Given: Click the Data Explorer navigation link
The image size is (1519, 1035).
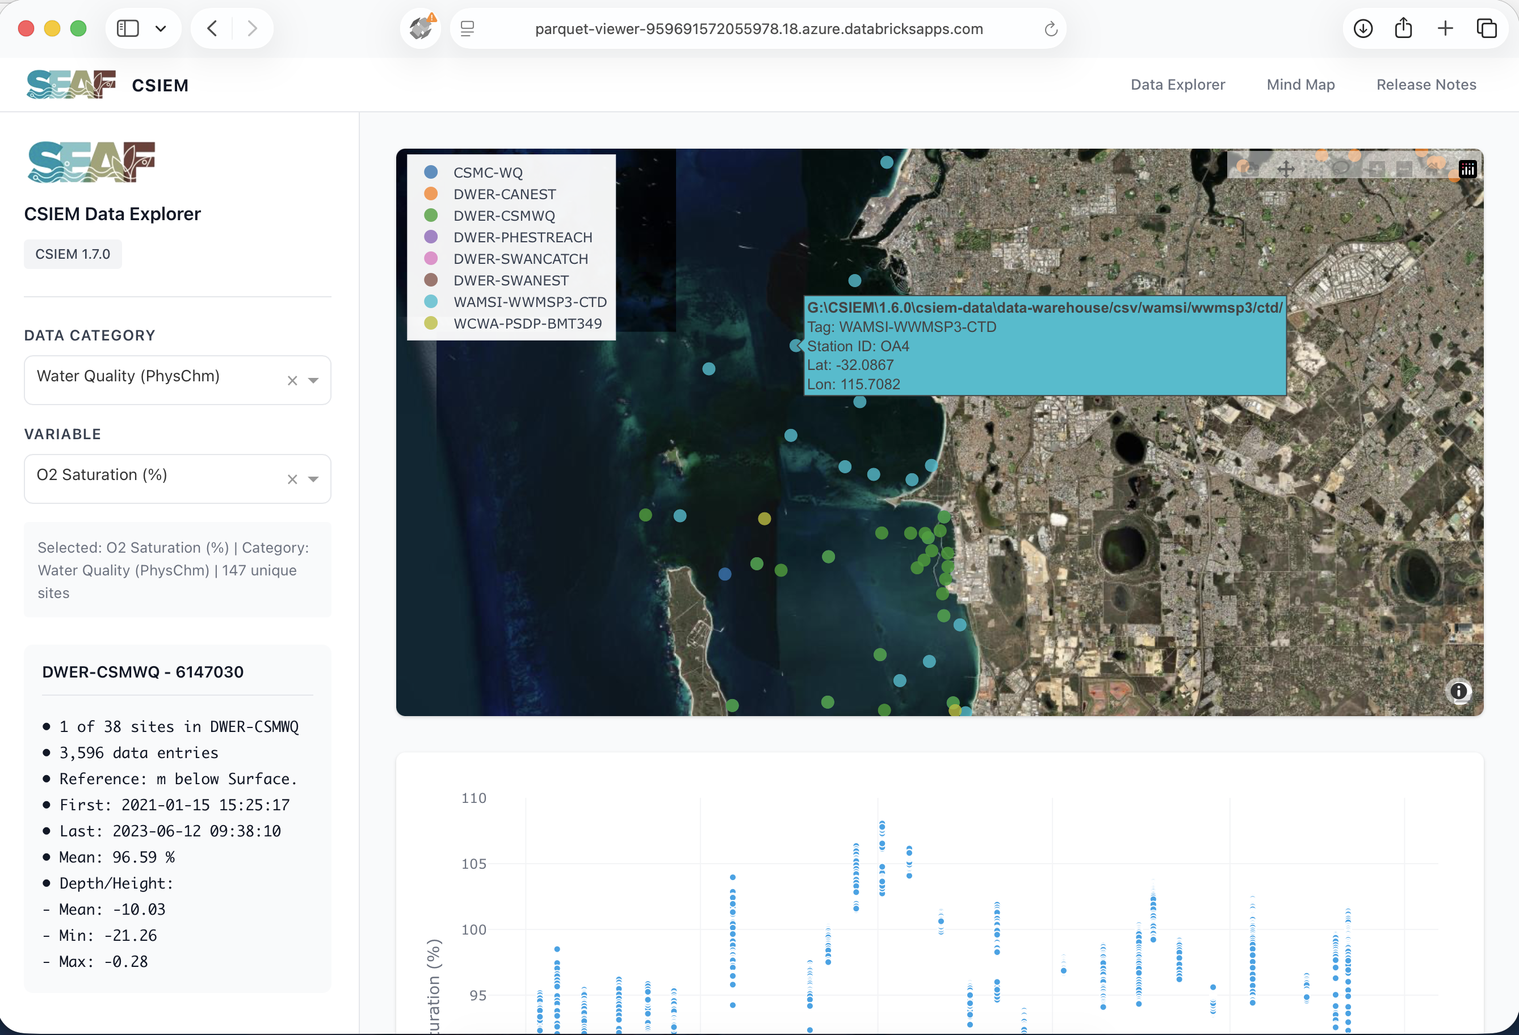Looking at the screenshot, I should click(x=1177, y=85).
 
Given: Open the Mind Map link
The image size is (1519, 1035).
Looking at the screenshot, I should click(x=1300, y=85).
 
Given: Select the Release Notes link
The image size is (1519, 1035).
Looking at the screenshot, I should click(x=1425, y=85).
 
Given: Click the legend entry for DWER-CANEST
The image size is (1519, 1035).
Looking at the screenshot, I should click(x=504, y=194).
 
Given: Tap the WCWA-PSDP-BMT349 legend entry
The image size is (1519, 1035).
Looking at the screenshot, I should click(x=527, y=323).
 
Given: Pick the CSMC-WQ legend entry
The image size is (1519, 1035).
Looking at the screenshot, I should click(x=488, y=172).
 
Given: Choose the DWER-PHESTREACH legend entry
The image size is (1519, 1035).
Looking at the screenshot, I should click(x=522, y=237).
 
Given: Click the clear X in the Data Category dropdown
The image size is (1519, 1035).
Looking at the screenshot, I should click(x=292, y=380).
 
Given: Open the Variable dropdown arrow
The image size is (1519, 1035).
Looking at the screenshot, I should click(x=314, y=479).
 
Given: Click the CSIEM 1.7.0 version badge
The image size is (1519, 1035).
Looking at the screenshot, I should click(x=73, y=254).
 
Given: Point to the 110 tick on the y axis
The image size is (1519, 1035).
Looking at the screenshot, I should click(x=474, y=798).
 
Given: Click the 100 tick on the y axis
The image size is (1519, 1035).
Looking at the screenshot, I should click(x=474, y=929).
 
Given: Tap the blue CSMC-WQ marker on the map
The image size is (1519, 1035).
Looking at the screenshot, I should click(x=725, y=574).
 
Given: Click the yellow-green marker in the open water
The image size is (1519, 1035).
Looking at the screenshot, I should click(x=764, y=519).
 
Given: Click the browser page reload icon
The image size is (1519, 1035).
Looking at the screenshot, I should click(x=1050, y=29).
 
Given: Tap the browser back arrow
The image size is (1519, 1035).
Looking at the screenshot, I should click(x=212, y=29).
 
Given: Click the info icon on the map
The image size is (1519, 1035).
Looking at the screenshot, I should click(x=1458, y=691).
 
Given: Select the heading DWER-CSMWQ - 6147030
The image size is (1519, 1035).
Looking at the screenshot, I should click(x=142, y=672).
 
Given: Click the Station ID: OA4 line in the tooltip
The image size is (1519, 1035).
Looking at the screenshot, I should click(x=858, y=346).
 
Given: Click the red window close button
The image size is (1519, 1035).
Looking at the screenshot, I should click(x=26, y=29).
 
